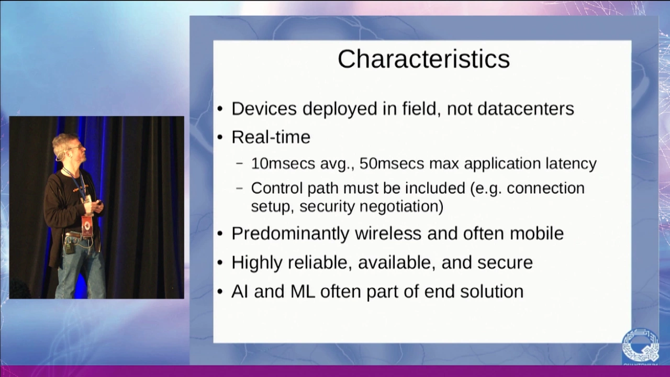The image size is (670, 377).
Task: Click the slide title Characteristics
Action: [x=423, y=59]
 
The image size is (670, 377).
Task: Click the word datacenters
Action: [x=526, y=108]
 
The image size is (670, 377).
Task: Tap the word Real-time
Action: [x=271, y=137]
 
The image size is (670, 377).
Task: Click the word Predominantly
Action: [x=290, y=234]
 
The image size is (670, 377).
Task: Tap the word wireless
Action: [x=388, y=233]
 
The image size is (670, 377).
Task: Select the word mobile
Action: [x=537, y=233]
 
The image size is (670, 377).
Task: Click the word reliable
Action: [x=319, y=262]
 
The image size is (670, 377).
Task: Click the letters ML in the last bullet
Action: [x=303, y=292]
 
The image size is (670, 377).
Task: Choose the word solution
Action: [x=492, y=292]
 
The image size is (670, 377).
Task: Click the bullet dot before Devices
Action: [x=220, y=109]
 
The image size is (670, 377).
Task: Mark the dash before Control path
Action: [x=240, y=188]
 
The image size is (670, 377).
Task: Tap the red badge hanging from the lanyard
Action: [x=87, y=226]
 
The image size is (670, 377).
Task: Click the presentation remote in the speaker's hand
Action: [x=98, y=204]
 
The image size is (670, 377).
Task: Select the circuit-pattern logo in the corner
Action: [x=640, y=347]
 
